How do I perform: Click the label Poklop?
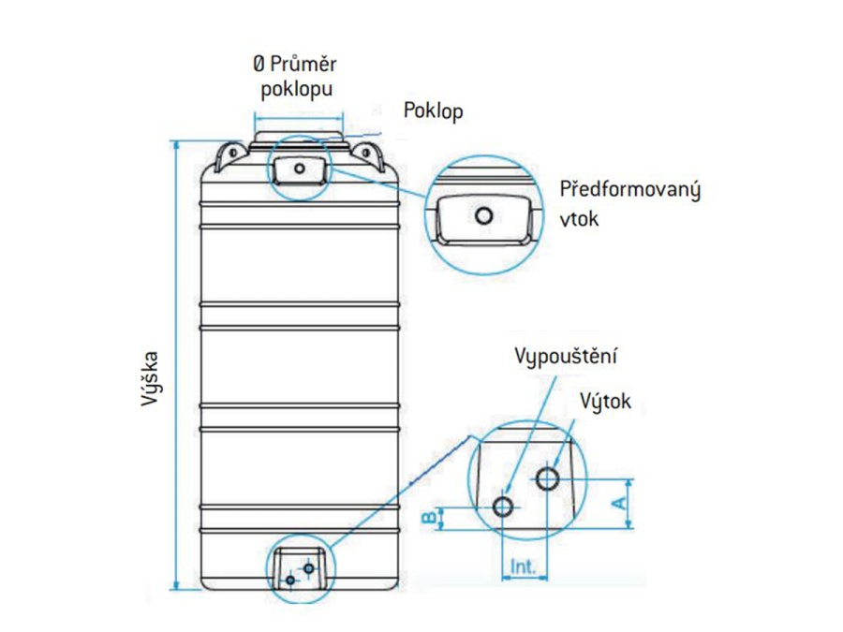point(433,110)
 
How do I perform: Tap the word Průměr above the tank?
point(305,65)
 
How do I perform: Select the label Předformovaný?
point(629,189)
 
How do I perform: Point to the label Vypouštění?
point(567,357)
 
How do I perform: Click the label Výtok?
point(605,402)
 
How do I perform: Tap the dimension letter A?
point(618,503)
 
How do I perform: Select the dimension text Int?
point(523,566)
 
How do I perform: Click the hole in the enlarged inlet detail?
point(483,216)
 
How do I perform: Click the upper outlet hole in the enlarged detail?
point(547,478)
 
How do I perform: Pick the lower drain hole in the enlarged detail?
point(504,507)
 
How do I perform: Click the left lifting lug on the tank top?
point(226,154)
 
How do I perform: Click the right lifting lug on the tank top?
point(369,154)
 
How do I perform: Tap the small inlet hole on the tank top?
point(298,169)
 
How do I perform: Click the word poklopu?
point(296,91)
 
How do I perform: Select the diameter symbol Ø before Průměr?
point(259,65)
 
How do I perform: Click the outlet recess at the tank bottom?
point(300,570)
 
